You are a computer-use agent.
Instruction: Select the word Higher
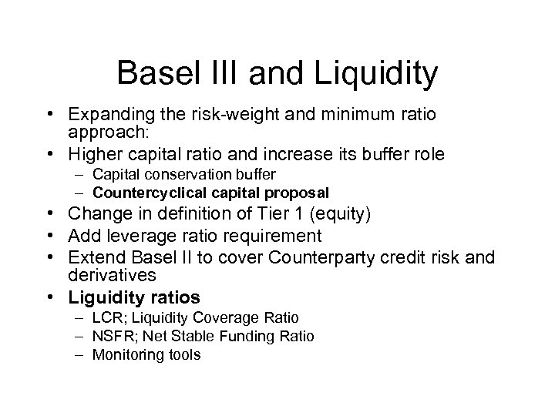(x=94, y=154)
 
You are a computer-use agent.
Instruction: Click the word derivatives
(x=113, y=275)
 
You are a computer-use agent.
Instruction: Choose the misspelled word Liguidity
(x=101, y=297)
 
